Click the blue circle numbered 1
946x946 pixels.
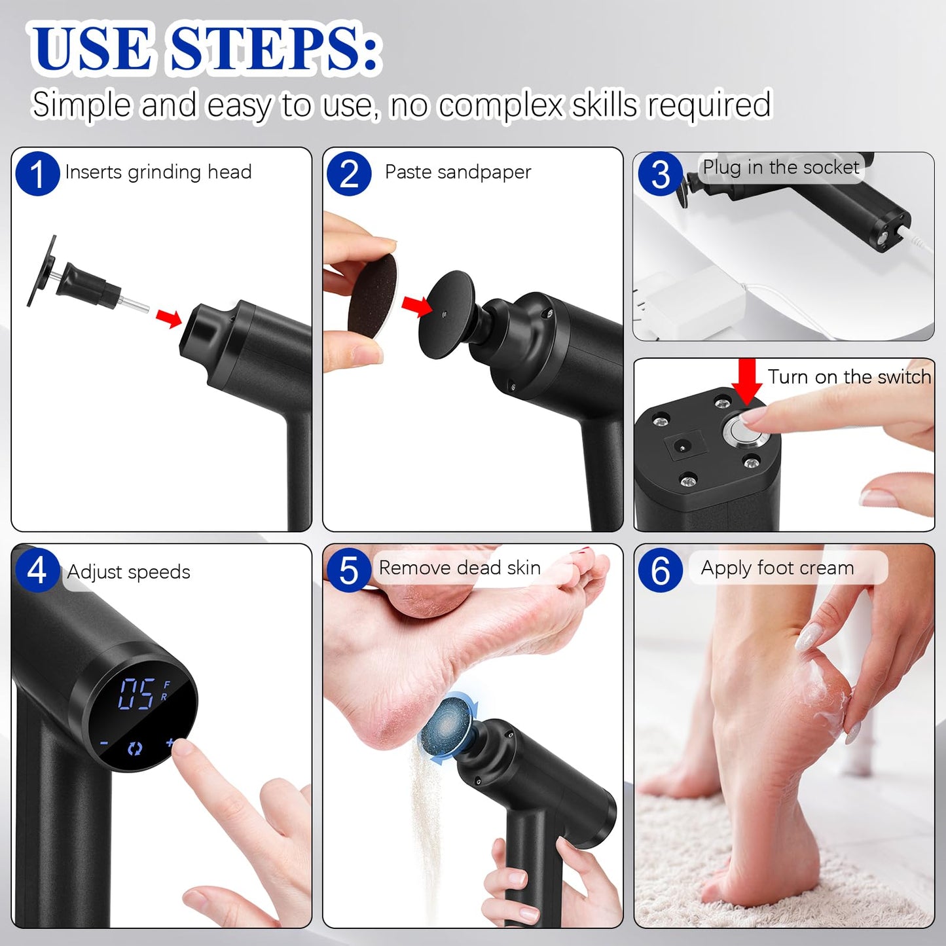coord(37,173)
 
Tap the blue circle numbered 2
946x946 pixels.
coord(349,173)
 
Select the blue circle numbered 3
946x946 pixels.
coord(660,174)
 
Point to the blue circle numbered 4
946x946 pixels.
coord(37,570)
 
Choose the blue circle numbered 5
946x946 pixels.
coord(349,570)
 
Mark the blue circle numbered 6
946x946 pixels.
coord(660,570)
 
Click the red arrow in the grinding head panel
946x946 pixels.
coord(169,318)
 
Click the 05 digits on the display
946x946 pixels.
coord(137,694)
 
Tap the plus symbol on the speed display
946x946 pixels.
coord(171,742)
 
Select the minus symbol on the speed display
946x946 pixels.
coord(104,744)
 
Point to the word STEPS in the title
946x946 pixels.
coord(275,49)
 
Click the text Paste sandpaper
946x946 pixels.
coord(458,172)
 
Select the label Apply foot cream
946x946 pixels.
coord(777,568)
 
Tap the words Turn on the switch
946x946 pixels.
coord(849,377)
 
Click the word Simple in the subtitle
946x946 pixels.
coord(81,105)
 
